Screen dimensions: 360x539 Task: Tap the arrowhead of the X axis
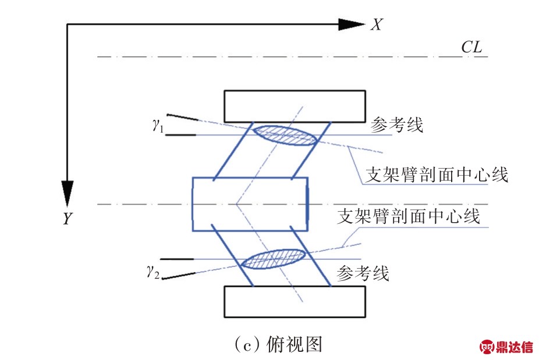352,24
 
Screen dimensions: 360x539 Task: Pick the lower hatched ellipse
274,259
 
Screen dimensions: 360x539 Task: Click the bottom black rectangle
295,301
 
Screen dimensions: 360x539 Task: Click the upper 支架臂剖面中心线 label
437,174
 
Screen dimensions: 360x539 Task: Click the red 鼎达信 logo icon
487,347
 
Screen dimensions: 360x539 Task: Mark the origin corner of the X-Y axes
68,24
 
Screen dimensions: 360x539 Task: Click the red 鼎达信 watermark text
515,347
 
